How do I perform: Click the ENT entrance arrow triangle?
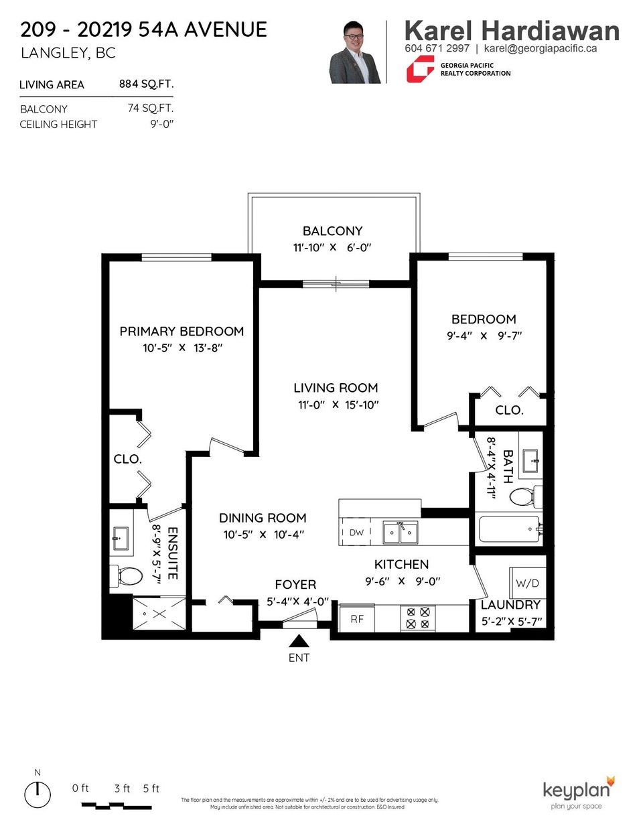click(299, 641)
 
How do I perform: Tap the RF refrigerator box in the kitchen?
click(357, 619)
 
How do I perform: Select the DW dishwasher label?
click(356, 533)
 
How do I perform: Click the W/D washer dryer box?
click(527, 583)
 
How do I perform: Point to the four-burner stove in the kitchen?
click(418, 618)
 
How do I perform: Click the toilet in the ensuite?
click(127, 575)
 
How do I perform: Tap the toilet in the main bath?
click(524, 496)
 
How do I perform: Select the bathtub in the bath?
click(509, 529)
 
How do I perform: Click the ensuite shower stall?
click(159, 613)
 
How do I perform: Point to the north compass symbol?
click(38, 794)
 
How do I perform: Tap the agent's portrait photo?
click(355, 52)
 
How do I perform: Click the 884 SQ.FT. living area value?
click(146, 84)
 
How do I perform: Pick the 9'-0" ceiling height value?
click(161, 125)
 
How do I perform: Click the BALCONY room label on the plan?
click(332, 231)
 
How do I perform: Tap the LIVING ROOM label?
click(336, 388)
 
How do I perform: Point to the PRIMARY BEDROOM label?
click(182, 332)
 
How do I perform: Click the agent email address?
click(540, 48)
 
